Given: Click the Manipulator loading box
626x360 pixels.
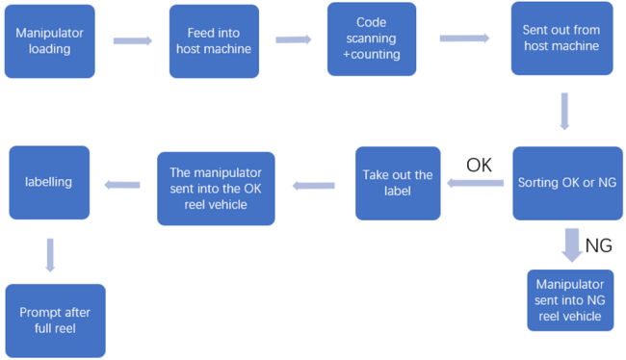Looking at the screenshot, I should pos(49,40).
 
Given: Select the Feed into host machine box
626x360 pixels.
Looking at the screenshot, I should pos(214,41).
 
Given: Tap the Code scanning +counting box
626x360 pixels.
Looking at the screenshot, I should pos(372,39).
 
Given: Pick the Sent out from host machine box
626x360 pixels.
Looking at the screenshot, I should pos(561,39).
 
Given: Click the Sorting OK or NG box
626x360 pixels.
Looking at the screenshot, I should pos(566,182).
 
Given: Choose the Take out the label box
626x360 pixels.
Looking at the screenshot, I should pos(397,183).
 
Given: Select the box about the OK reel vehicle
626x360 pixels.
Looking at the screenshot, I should pos(216,188).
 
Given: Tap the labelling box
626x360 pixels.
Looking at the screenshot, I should pos(48,182).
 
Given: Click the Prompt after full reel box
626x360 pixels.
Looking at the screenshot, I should pos(55,321).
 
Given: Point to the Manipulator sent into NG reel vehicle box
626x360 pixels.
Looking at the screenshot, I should pos(570,300).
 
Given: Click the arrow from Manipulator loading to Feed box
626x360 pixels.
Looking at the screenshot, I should pos(133,41).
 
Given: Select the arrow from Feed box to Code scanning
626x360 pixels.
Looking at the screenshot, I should pos(294,40).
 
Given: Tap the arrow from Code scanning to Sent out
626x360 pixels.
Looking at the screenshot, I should pos(464,39).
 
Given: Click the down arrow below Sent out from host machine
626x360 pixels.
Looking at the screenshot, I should pos(564,111).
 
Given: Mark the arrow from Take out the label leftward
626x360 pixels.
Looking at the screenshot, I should pos(314,185).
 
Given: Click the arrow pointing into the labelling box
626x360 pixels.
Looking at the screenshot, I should pos(122,184).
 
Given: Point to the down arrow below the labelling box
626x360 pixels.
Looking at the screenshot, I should pos(50,255).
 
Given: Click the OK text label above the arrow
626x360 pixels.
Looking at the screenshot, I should pos(479,165).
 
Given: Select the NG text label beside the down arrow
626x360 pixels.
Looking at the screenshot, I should pos(598,246).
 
